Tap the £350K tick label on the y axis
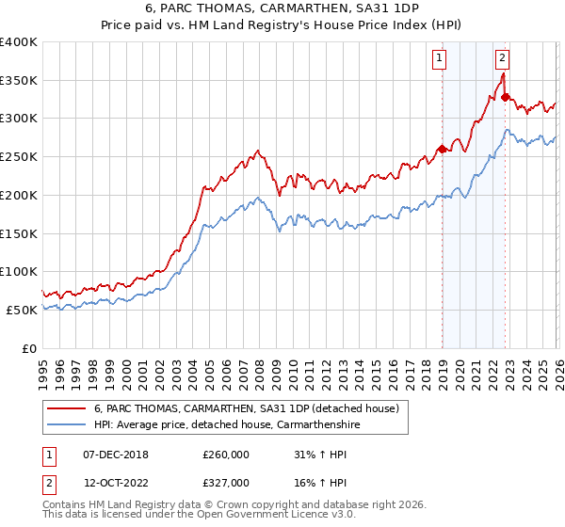click(x=19, y=80)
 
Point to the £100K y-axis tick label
click(x=19, y=271)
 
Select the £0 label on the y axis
click(x=29, y=348)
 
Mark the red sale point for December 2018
click(x=441, y=149)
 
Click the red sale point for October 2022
click(x=505, y=97)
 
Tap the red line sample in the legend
click(x=66, y=408)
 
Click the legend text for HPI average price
click(x=227, y=425)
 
